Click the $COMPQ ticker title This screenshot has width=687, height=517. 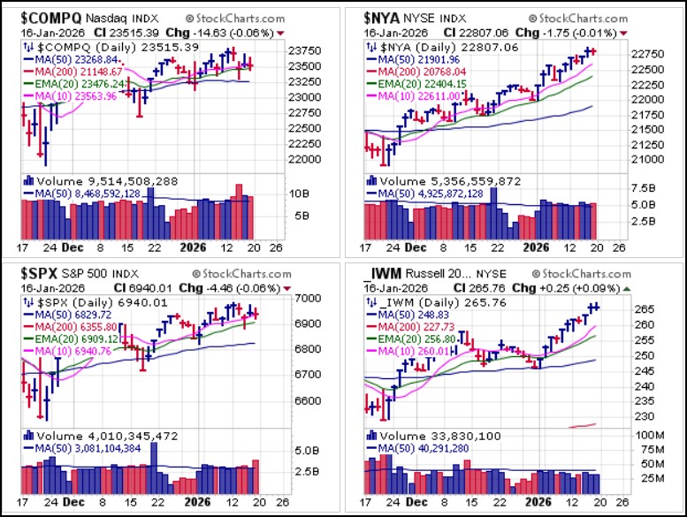click(x=44, y=17)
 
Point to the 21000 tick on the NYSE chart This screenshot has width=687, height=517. click(x=643, y=160)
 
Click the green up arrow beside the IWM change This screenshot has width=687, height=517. click(x=626, y=290)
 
